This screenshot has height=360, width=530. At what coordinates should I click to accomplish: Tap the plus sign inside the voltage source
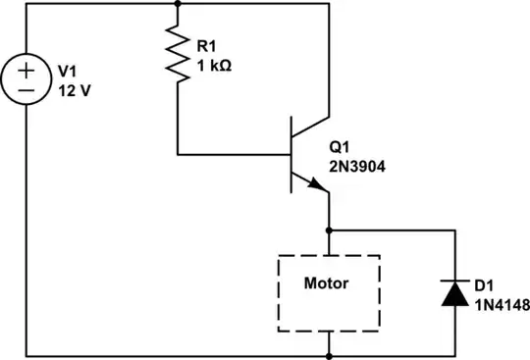pyautogui.click(x=26, y=71)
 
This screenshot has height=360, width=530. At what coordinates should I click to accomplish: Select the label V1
pyautogui.click(x=68, y=71)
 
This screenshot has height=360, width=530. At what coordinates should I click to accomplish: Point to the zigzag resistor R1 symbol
pyautogui.click(x=178, y=55)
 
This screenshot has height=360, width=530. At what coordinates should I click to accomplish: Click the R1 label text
pyautogui.click(x=207, y=46)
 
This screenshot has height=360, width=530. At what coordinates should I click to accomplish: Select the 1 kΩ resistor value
pyautogui.click(x=215, y=65)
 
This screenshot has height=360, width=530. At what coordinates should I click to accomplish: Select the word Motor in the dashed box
pyautogui.click(x=328, y=283)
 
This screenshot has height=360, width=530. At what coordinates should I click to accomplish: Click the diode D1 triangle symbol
pyautogui.click(x=454, y=293)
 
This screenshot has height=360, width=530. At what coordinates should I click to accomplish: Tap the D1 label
pyautogui.click(x=484, y=285)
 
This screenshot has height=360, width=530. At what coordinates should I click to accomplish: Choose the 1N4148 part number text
pyautogui.click(x=501, y=304)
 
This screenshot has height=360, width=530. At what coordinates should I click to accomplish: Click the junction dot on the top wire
pyautogui.click(x=178, y=4)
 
